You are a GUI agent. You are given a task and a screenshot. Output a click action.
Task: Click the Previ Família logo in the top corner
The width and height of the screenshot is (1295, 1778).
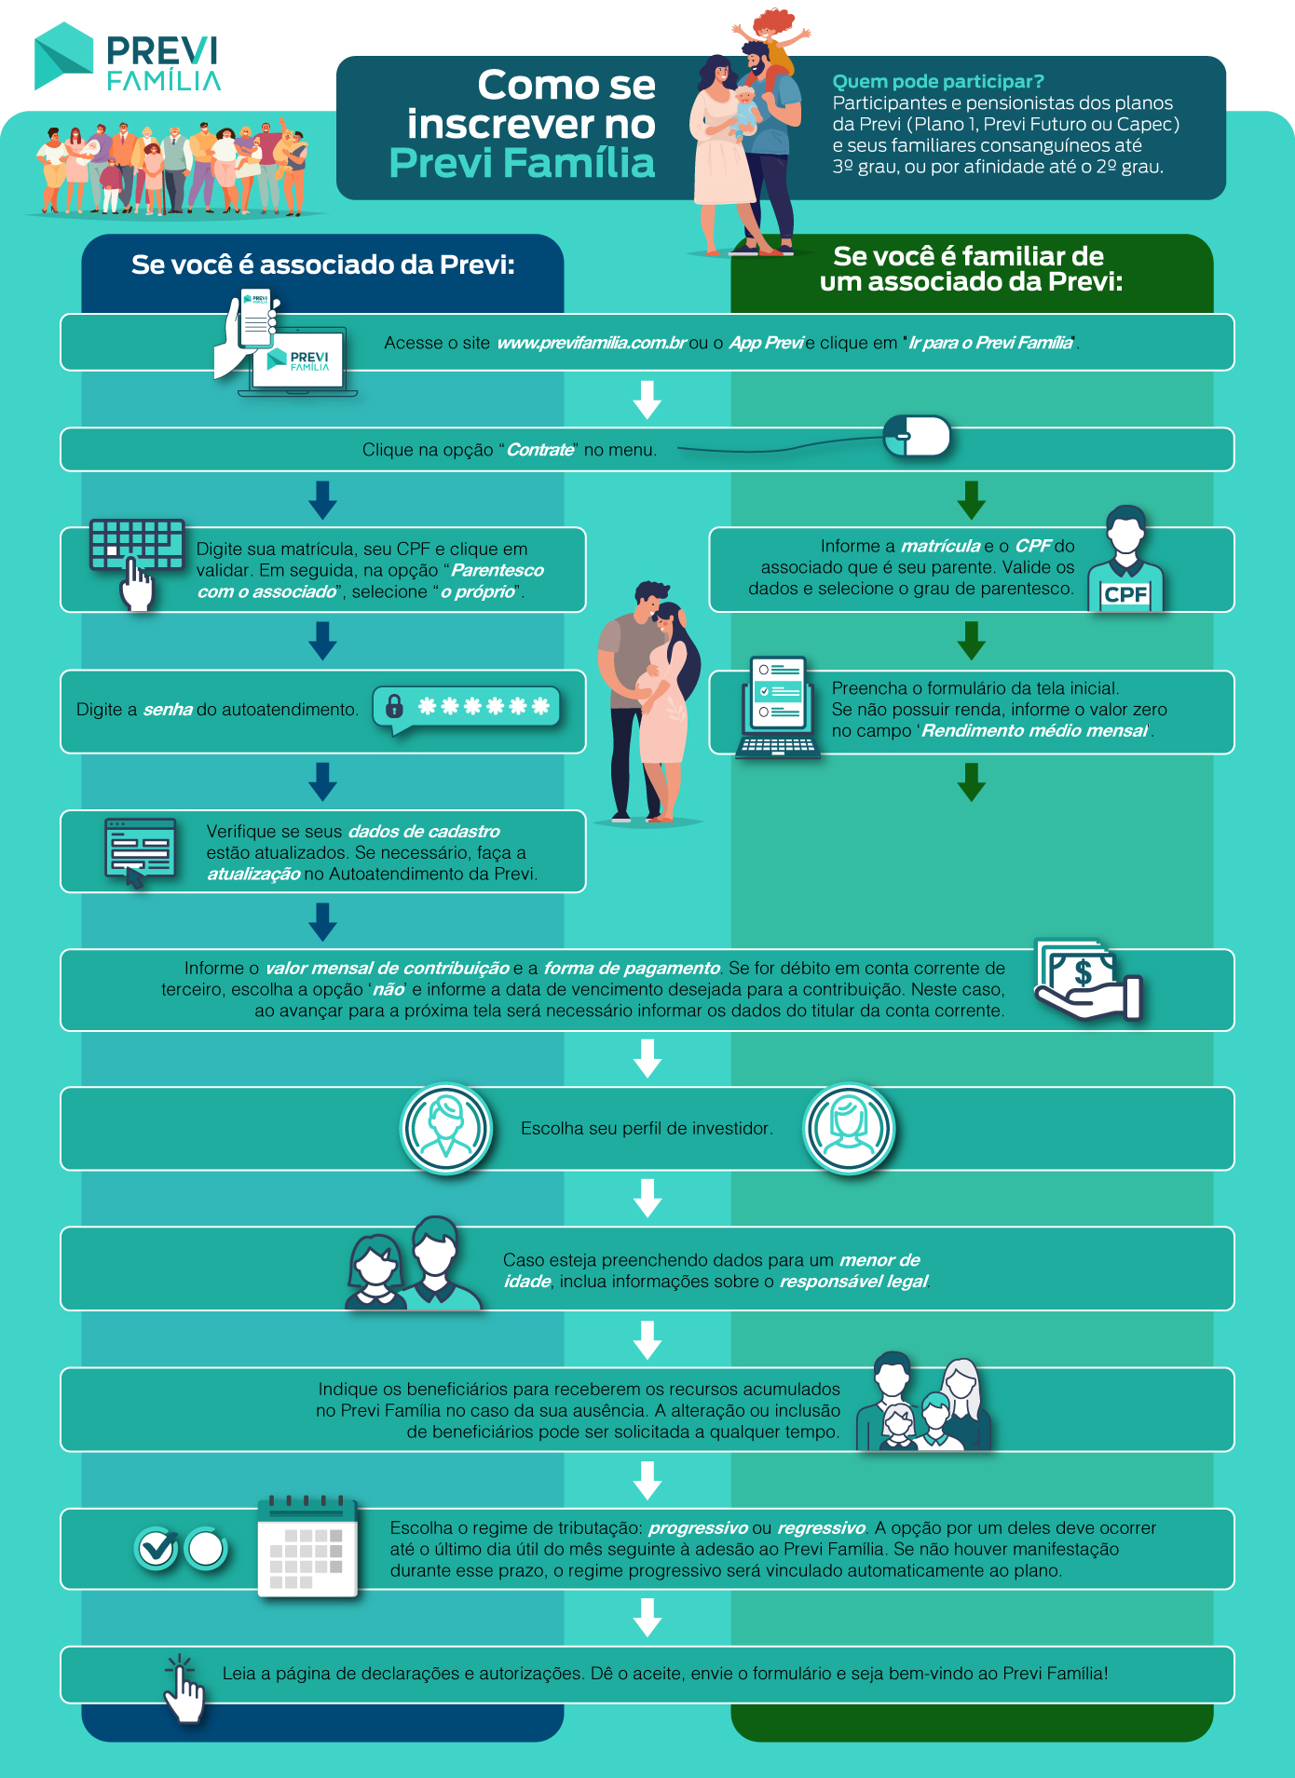[128, 57]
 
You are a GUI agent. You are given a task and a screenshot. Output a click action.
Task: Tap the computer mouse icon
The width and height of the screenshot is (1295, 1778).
[917, 436]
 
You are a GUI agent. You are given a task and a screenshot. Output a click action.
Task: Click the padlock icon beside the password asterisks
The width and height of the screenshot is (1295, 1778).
[394, 706]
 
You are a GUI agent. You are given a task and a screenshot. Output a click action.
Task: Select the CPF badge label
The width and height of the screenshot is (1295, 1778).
[1125, 594]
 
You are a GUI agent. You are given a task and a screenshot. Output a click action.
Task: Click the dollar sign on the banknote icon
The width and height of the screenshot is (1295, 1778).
[1083, 973]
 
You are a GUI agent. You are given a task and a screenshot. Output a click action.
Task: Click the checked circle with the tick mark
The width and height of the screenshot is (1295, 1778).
[156, 1549]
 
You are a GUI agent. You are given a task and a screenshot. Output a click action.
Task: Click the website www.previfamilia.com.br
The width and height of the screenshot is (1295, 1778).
[592, 343]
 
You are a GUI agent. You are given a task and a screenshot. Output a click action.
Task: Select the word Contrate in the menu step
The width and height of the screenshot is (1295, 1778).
[540, 450]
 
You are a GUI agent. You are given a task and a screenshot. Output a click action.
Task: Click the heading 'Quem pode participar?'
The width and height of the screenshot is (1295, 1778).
[938, 81]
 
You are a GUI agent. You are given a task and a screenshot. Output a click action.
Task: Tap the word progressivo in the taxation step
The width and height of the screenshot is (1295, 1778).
[698, 1528]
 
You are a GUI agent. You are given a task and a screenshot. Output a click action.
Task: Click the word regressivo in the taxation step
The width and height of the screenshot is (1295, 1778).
[822, 1528]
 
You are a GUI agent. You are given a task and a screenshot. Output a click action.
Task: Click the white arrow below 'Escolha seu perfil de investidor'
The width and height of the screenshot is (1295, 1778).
[647, 1198]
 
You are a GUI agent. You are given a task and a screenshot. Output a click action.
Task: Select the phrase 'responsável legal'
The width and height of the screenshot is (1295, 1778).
[853, 1282]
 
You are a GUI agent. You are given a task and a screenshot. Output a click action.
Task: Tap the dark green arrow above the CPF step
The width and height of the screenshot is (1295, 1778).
[972, 500]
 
